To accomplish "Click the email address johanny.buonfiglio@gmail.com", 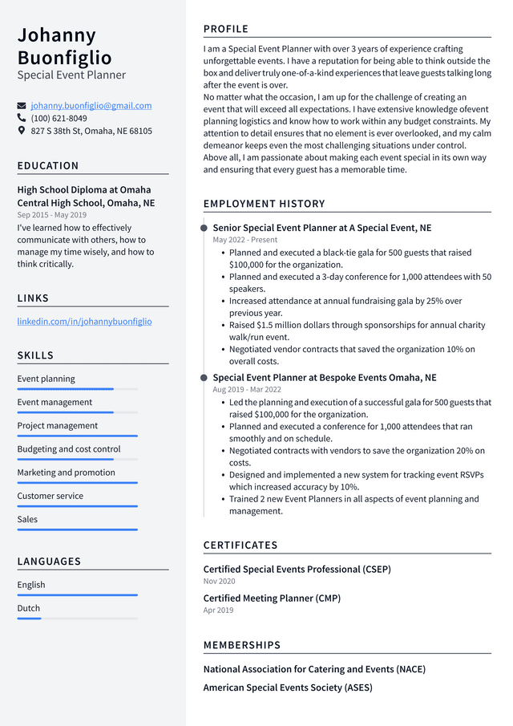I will click(x=91, y=106).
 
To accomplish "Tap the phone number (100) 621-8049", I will click(x=59, y=118).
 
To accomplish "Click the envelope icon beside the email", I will click(x=22, y=106).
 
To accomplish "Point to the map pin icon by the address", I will click(x=22, y=130).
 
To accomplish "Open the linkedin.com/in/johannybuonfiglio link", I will click(x=84, y=322).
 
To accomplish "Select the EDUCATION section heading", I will click(x=48, y=166).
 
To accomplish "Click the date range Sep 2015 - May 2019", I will click(x=51, y=215).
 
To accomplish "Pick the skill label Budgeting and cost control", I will click(x=69, y=449).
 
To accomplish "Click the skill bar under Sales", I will click(x=77, y=529).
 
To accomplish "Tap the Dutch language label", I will click(x=29, y=608).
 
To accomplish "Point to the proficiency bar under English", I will click(x=77, y=595).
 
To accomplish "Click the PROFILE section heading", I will click(x=226, y=30).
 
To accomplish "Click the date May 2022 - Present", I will click(x=244, y=240).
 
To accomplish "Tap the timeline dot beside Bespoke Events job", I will click(x=204, y=378).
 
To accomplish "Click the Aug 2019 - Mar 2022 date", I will click(x=247, y=390).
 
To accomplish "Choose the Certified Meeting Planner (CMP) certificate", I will click(x=272, y=598).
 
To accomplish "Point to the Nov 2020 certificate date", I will click(x=219, y=581).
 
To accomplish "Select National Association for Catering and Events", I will click(x=314, y=669).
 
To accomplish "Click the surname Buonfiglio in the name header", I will click(x=65, y=58).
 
